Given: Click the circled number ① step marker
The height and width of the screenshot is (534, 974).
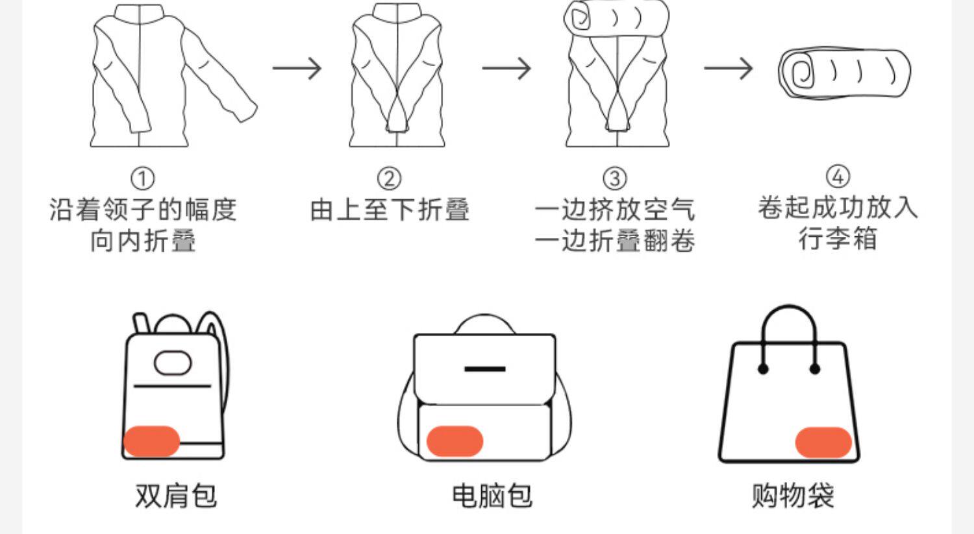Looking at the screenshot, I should tap(142, 178).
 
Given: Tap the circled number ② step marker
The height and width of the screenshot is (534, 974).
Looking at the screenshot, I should tap(389, 178).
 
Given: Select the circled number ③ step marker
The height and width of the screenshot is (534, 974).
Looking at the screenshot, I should tap(614, 178).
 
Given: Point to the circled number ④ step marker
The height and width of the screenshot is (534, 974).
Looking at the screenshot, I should tap(838, 176).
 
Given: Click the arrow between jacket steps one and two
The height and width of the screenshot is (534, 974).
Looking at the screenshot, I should tap(297, 67).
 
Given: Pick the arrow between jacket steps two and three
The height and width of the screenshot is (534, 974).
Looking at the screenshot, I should tap(506, 67).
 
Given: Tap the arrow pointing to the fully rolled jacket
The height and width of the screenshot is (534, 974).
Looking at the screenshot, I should tap(729, 67).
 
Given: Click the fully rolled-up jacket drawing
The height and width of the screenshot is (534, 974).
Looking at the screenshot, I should tap(844, 73).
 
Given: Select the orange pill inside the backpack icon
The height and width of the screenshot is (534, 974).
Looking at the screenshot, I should tap(151, 441).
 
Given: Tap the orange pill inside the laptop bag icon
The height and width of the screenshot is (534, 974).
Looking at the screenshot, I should tap(455, 441).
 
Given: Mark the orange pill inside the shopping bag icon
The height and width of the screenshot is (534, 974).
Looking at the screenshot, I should tap(823, 443).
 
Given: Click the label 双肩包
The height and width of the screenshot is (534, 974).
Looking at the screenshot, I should tap(175, 496).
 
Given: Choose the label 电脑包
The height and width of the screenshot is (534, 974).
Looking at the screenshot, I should tap(492, 496).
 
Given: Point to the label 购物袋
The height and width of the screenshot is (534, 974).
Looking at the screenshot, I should tap(792, 496).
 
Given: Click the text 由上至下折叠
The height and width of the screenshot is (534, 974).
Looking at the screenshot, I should tap(390, 210).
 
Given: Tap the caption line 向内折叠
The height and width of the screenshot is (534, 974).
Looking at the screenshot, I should tap(143, 241).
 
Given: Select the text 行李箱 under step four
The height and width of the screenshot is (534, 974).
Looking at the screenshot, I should tap(838, 239).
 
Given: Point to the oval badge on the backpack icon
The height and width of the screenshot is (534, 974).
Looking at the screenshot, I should tap(173, 363).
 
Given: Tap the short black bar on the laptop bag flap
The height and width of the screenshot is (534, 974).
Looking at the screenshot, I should tap(485, 369).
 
